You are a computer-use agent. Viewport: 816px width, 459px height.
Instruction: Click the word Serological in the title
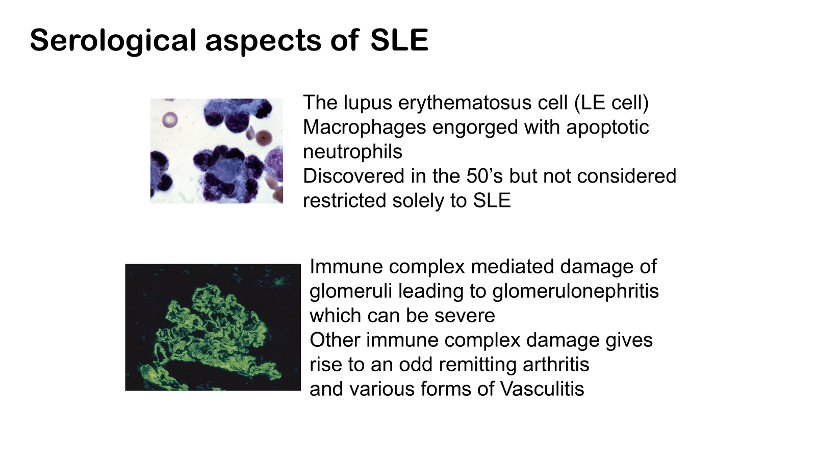[x=113, y=41]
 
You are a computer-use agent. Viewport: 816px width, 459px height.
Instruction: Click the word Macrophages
[x=364, y=127]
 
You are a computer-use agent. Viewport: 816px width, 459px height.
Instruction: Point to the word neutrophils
[x=352, y=152]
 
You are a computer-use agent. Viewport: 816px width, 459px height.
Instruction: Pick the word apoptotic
[x=607, y=127]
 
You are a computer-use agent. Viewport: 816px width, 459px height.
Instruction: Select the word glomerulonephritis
[x=576, y=291]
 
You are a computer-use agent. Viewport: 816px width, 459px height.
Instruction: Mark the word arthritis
[x=556, y=364]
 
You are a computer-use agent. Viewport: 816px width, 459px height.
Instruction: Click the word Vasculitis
[x=542, y=389]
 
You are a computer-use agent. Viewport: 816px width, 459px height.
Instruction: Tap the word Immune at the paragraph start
[x=346, y=267]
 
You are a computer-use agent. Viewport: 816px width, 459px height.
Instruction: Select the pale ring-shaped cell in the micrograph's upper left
[x=170, y=119]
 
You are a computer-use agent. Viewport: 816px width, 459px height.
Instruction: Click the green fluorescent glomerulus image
[x=213, y=327]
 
